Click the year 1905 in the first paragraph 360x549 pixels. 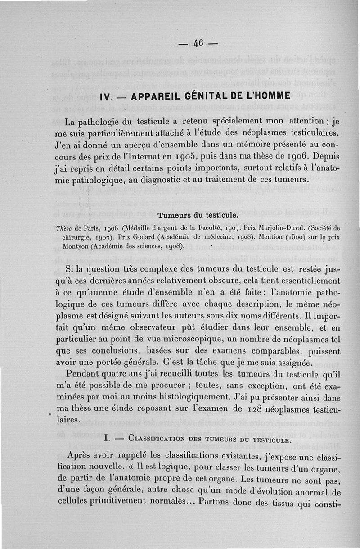(186, 157)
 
